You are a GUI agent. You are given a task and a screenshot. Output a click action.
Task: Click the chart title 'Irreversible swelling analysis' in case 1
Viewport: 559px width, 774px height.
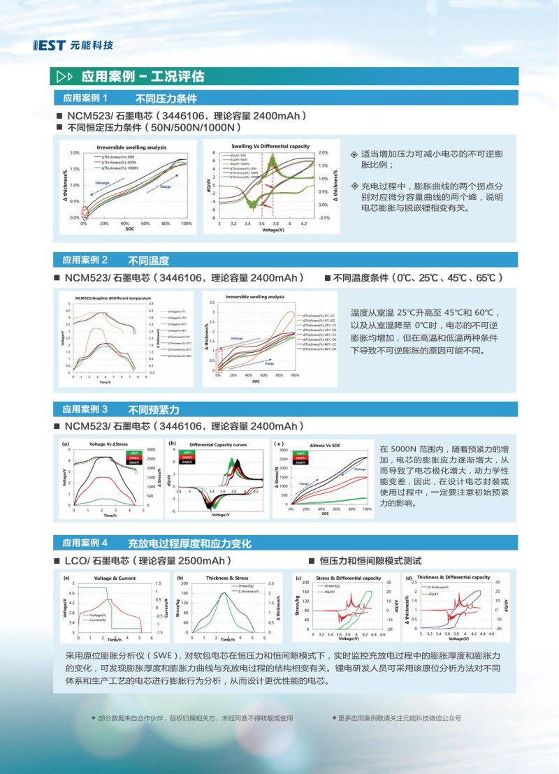pos(131,147)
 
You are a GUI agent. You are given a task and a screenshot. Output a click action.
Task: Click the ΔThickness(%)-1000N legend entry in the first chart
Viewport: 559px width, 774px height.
pos(122,168)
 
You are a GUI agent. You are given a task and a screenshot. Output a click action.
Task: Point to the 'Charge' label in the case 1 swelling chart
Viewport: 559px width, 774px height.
pos(166,187)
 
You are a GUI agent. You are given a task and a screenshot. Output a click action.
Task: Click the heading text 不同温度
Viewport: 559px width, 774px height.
pos(148,261)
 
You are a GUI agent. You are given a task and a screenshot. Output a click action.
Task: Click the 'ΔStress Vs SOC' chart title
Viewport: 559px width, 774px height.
pos(329,444)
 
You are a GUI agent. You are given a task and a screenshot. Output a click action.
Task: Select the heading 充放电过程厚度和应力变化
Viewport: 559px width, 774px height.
pos(189,543)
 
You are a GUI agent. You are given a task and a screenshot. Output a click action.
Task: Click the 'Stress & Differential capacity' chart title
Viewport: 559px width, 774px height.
pos(348,578)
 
